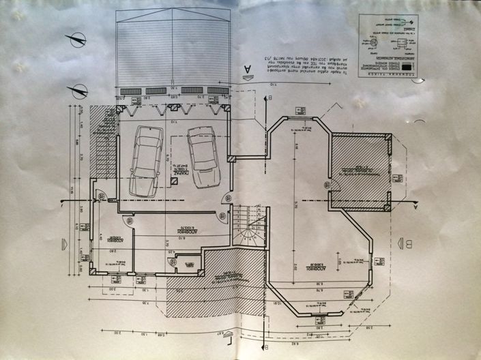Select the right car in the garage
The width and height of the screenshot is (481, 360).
203,157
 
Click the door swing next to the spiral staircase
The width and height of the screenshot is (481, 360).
225,216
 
